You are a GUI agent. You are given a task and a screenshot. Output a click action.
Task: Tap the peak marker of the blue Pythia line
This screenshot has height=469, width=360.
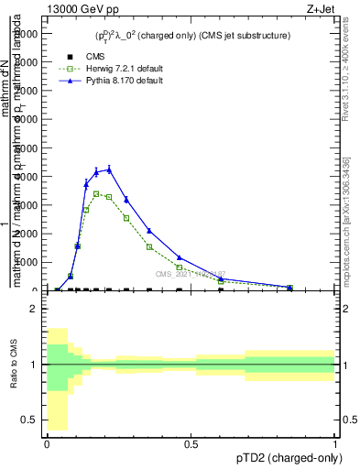(109, 169)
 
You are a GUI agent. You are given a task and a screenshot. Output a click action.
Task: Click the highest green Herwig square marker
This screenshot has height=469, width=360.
(96, 193)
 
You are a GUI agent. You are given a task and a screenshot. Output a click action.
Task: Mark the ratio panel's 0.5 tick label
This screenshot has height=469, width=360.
(28, 420)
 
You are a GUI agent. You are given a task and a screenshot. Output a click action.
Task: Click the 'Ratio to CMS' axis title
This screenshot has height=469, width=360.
(13, 376)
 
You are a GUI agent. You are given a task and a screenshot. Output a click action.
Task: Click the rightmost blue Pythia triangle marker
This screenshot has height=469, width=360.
(289, 287)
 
